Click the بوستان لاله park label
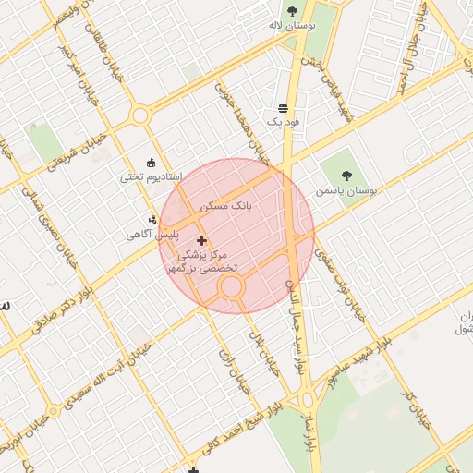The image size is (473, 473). [291, 26]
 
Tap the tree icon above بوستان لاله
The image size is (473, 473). [293, 11]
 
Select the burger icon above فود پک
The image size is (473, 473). [282, 108]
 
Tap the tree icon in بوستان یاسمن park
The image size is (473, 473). [346, 175]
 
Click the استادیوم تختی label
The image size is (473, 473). [152, 176]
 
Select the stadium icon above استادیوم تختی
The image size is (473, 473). [152, 162]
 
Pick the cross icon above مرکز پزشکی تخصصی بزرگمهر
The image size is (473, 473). [202, 240]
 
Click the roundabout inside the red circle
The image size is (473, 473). [231, 287]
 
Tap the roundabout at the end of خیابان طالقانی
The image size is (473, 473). [140, 115]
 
